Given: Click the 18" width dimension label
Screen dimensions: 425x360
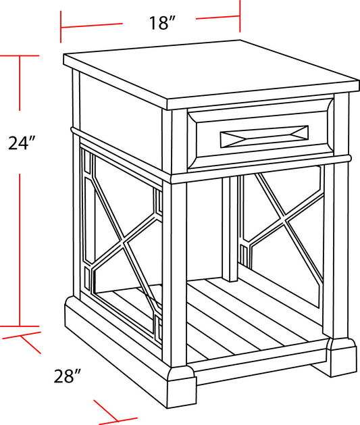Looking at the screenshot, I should (162, 23).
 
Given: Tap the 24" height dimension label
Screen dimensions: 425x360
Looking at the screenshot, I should (21, 143).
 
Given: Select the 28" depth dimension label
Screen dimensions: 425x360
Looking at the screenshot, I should (68, 376).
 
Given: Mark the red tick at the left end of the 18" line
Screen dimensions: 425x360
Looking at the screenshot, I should (61, 28).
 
